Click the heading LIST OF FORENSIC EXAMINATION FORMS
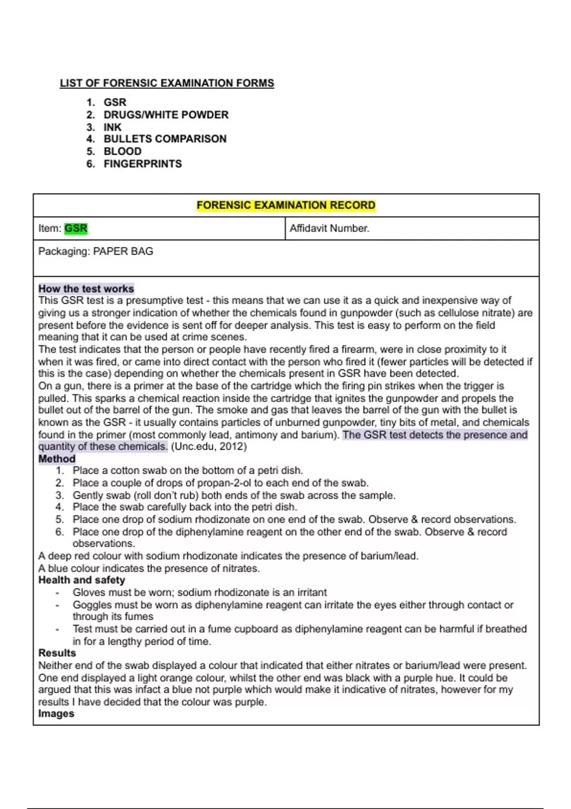tap(167, 83)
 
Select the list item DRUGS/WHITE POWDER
tap(166, 115)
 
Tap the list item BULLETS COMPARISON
tap(165, 139)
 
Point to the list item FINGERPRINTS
tap(142, 164)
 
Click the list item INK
tap(112, 127)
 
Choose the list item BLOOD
tap(122, 151)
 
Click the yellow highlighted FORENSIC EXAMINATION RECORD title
tap(286, 205)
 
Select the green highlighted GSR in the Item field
tap(76, 228)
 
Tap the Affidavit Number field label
tap(329, 228)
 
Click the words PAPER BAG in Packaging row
tap(123, 251)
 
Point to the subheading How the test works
tap(86, 289)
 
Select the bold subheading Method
tap(57, 459)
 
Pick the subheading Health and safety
tap(81, 580)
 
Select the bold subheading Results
tap(57, 653)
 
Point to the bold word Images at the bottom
tap(56, 714)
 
